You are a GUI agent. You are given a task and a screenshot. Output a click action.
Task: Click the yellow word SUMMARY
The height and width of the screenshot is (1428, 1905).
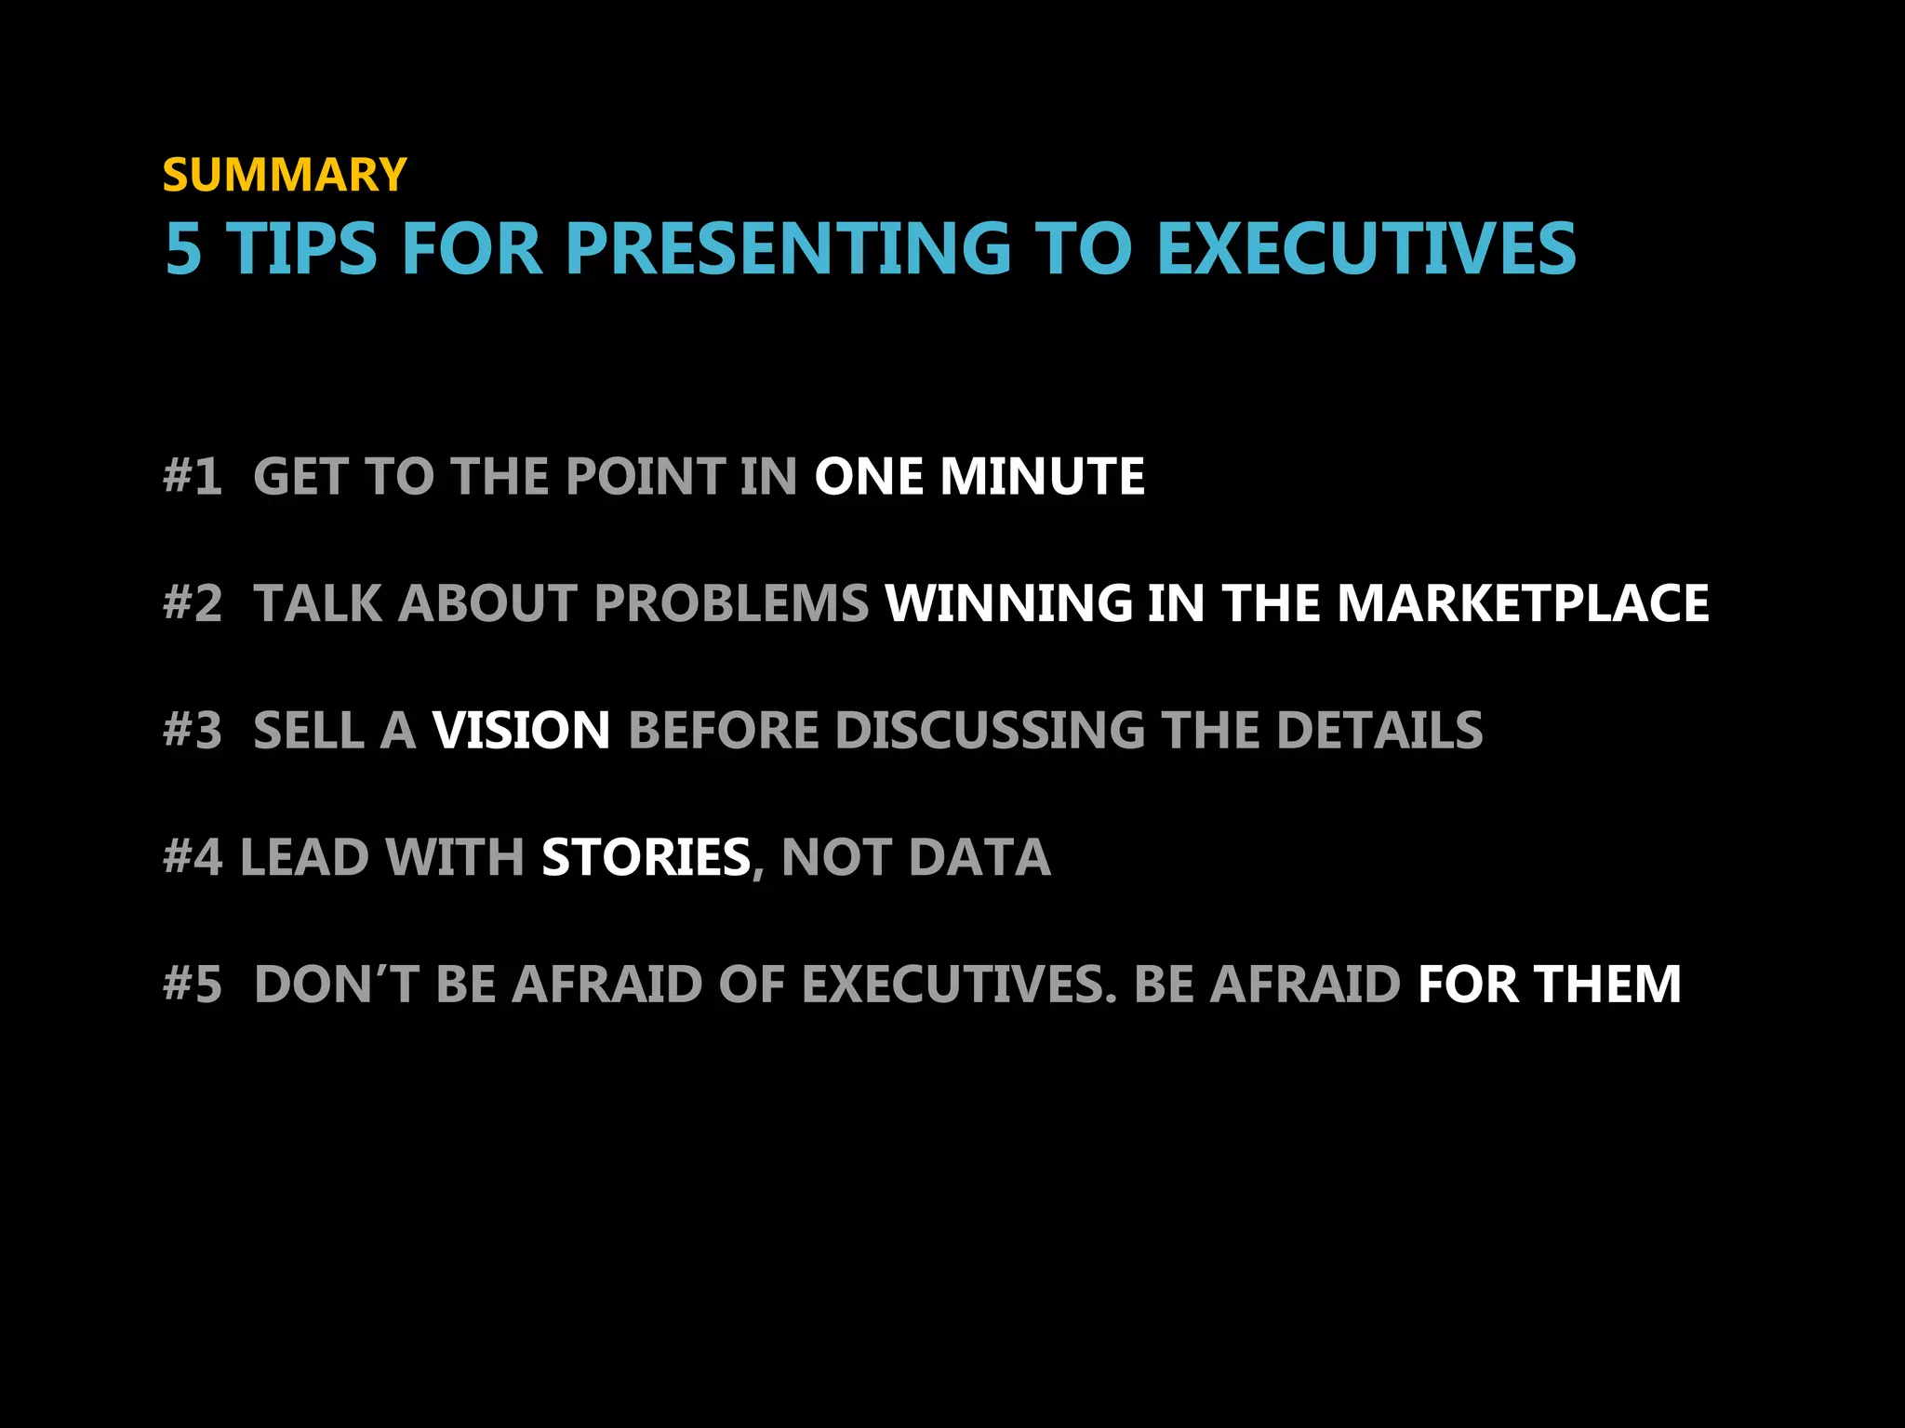[x=285, y=175]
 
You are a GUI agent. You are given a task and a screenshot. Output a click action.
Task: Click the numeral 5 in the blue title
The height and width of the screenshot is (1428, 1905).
[x=183, y=249]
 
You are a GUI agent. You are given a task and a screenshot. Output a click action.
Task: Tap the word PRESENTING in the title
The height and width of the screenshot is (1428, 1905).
[x=788, y=249]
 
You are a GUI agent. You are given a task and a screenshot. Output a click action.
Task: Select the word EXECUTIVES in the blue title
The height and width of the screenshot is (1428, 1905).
[x=1365, y=249]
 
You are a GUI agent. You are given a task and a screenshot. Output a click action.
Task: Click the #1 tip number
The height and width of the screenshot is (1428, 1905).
[x=193, y=476]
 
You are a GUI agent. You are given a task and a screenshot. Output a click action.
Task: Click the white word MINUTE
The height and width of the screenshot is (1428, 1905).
[x=1042, y=476]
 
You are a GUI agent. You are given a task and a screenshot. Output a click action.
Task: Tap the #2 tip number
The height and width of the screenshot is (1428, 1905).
[x=193, y=603]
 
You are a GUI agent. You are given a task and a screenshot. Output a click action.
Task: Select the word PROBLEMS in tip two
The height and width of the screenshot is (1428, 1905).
[x=731, y=603]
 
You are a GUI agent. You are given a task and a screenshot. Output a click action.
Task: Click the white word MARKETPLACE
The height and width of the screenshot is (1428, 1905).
[x=1523, y=603]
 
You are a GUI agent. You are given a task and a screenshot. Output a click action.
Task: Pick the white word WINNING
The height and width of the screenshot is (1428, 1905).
[x=1008, y=603]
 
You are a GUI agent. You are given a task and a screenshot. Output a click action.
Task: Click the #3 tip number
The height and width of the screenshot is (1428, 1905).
[x=193, y=730]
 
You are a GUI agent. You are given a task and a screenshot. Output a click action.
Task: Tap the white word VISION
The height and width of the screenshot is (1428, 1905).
[x=521, y=730]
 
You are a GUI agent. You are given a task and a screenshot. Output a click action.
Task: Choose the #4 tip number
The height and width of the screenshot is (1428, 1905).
[x=193, y=857]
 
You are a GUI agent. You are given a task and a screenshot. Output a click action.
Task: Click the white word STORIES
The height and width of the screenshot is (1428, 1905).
[x=646, y=857]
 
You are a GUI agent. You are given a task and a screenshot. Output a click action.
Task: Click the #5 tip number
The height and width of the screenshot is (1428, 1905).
[x=193, y=985]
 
